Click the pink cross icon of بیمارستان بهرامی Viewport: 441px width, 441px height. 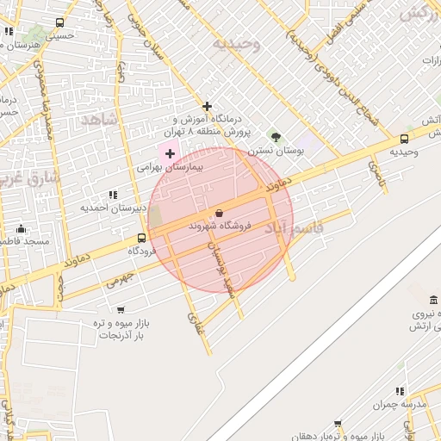(169, 153)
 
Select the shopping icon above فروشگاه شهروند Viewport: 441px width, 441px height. (218, 213)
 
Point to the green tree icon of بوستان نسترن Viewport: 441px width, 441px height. (276, 136)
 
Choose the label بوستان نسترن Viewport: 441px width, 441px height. (277, 150)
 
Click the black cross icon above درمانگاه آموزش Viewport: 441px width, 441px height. (207, 105)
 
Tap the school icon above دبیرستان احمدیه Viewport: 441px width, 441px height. (113, 195)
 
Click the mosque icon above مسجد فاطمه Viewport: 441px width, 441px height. (21, 229)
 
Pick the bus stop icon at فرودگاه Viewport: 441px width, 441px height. (141, 238)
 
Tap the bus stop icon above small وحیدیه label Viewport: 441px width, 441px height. (404, 139)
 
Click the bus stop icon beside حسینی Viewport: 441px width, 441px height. (59, 23)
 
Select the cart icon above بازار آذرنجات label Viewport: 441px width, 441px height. (120, 310)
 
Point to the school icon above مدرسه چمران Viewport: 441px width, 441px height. (399, 391)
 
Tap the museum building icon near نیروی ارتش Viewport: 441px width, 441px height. (432, 301)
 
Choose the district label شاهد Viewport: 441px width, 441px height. (98, 120)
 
